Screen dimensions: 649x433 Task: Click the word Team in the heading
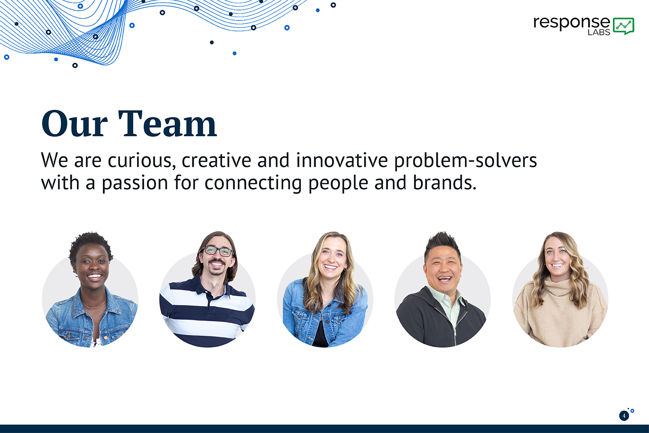click(167, 124)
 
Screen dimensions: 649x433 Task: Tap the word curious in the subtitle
click(142, 160)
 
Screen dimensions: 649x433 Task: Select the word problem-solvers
click(465, 161)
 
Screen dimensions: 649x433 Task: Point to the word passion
click(135, 184)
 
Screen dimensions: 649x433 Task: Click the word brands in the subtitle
click(445, 183)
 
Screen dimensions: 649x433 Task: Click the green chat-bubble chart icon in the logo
click(624, 26)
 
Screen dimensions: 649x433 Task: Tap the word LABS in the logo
click(599, 32)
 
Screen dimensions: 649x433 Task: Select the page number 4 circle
click(624, 416)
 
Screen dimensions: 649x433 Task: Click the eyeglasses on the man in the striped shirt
click(218, 251)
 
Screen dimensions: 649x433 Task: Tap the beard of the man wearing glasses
click(216, 269)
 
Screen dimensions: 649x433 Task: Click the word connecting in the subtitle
click(253, 184)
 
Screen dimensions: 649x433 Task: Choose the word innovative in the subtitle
click(342, 160)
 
